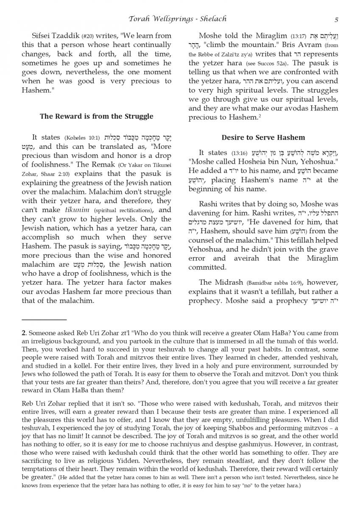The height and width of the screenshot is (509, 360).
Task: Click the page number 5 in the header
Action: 336,19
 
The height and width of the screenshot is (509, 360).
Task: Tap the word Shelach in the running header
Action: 210,19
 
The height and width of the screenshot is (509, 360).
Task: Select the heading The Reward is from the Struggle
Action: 97,116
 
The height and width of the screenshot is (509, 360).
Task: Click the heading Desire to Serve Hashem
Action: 263,137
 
